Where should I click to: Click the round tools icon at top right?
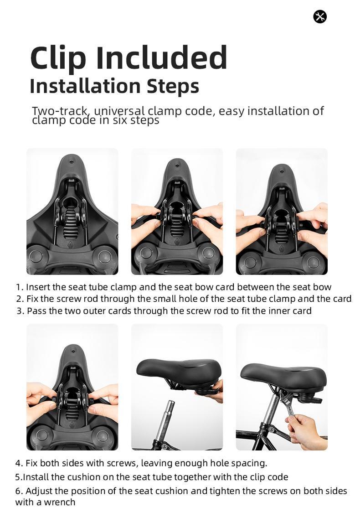[x=320, y=17]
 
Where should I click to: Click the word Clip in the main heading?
[x=58, y=58]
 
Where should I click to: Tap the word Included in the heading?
[x=161, y=58]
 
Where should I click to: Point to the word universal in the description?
[x=119, y=111]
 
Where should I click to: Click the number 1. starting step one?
[x=20, y=287]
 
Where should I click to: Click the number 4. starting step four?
[x=19, y=463]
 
